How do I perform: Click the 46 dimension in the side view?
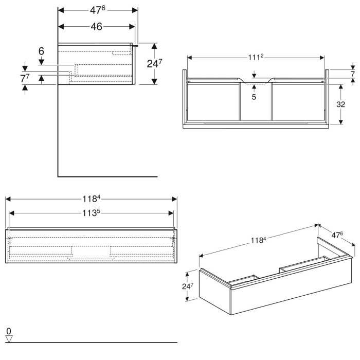click(97, 27)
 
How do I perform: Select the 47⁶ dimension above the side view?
click(98, 10)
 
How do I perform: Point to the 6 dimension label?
click(42, 51)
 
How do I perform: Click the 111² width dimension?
click(256, 57)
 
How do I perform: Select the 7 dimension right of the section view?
click(352, 74)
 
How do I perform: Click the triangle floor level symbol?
click(9, 338)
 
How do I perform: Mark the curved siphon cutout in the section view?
click(255, 81)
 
